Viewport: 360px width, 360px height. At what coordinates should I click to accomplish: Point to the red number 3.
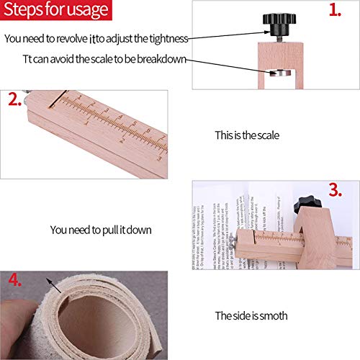click(334, 190)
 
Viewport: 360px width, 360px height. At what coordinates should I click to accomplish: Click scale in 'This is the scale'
click(267, 135)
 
